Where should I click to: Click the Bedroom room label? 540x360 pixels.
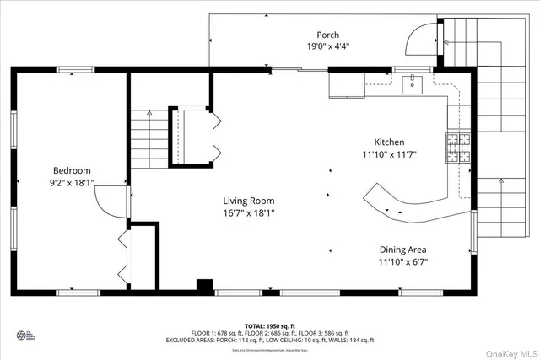pyautogui.click(x=72, y=170)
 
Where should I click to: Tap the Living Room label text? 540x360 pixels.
pyautogui.click(x=248, y=201)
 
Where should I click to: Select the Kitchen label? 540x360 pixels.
pyautogui.click(x=389, y=142)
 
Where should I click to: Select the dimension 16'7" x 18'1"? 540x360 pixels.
pyautogui.click(x=248, y=213)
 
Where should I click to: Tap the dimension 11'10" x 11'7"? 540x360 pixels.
pyautogui.click(x=389, y=155)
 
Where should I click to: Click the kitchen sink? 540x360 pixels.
pyautogui.click(x=412, y=83)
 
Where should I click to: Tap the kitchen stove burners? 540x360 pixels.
pyautogui.click(x=458, y=148)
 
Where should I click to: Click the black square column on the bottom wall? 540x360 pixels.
pyautogui.click(x=203, y=286)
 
